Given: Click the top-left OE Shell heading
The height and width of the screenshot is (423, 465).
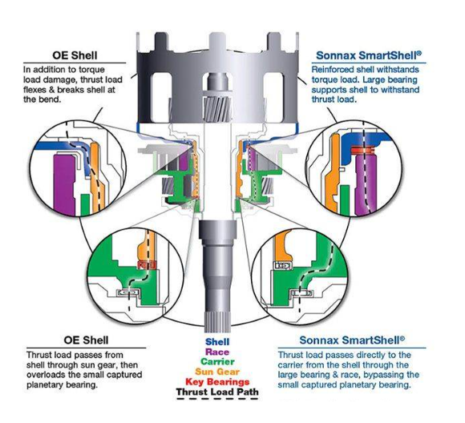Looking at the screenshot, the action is coord(75,55).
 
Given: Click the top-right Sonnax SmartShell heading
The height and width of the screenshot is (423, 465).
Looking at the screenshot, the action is coord(369,55).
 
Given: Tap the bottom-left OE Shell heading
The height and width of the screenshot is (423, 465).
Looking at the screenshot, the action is coord(86,340).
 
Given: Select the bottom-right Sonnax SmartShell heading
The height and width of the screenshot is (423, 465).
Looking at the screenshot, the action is coord(352,340).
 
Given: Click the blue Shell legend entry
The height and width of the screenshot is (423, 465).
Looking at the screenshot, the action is coord(217,342).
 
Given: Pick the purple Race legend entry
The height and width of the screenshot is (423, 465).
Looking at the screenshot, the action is coord(217,352).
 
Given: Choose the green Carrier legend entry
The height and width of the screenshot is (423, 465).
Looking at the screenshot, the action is coord(217,361).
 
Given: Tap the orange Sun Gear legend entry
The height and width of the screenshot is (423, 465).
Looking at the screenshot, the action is coord(217,372).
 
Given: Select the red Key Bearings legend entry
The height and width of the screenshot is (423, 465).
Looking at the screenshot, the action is coord(217,382).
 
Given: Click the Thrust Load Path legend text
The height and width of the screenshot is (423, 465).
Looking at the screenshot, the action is coord(217,392).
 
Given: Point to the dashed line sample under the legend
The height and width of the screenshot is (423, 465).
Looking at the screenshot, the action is coord(217,399).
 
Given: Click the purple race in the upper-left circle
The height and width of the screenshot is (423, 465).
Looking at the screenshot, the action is coord(64,186).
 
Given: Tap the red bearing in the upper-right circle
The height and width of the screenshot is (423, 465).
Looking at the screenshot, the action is coord(362,151).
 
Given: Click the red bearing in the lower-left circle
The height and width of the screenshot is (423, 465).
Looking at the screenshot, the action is coord(147,264).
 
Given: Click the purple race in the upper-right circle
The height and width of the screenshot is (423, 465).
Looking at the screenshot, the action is coord(366,183).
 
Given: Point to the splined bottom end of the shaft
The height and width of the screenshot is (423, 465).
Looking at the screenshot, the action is coord(217,317).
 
